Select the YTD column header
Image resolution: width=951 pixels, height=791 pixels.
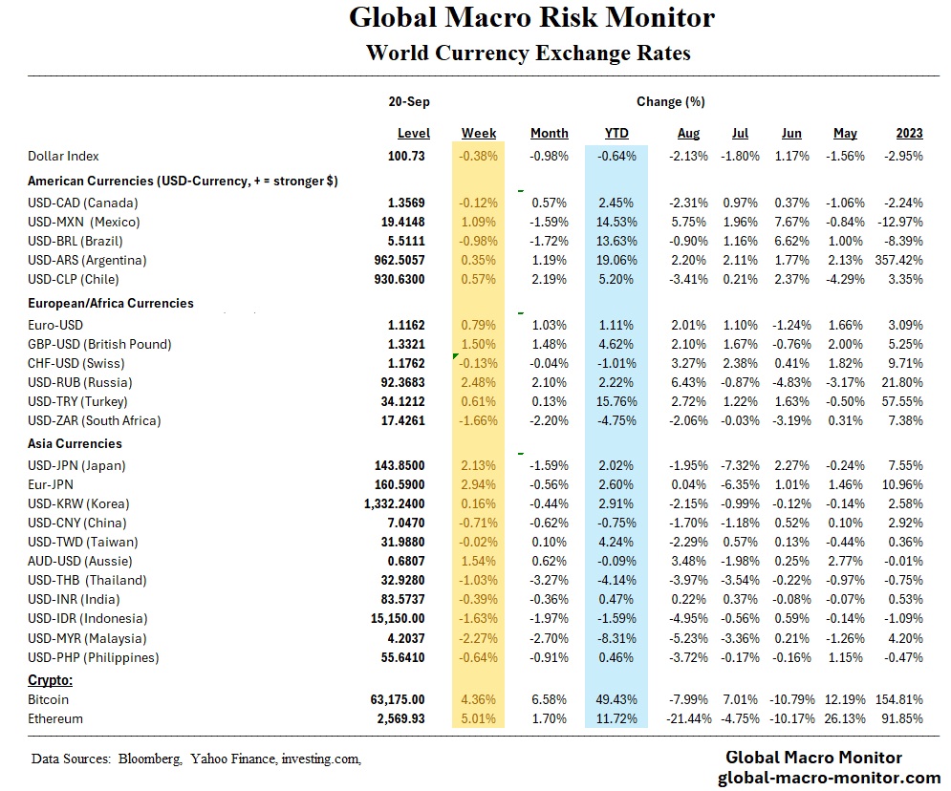616,134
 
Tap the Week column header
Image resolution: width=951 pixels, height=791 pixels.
479,134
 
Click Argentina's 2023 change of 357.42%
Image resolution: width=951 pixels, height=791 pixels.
899,260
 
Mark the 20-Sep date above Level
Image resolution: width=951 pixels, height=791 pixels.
408,101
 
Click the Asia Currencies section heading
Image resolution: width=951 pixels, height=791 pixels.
75,444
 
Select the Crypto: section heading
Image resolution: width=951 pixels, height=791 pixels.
50,681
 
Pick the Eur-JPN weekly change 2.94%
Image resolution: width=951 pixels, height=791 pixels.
479,484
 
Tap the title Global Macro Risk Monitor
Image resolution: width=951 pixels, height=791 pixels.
530,17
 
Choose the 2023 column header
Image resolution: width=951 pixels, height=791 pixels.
909,134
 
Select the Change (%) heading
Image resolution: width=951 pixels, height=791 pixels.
670,101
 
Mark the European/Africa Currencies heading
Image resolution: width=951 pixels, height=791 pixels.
111,303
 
